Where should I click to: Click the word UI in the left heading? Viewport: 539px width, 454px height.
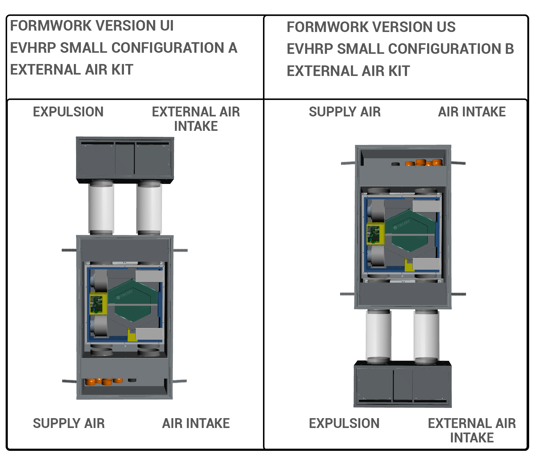click(167, 26)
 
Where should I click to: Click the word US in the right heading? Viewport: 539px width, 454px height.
click(446, 27)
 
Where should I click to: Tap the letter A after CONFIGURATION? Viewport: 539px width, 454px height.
click(232, 48)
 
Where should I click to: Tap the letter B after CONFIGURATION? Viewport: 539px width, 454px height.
click(509, 49)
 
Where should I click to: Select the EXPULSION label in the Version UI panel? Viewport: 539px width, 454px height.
click(68, 112)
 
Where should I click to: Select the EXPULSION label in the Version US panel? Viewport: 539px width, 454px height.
click(344, 423)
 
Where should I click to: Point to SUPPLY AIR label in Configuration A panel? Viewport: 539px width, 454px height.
click(69, 423)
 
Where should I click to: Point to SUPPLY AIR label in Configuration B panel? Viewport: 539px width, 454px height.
click(345, 112)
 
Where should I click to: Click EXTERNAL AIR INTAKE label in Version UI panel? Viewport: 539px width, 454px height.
click(196, 119)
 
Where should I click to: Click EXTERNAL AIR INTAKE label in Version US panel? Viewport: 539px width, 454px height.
click(472, 430)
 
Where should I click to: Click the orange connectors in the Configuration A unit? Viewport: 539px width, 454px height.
click(104, 381)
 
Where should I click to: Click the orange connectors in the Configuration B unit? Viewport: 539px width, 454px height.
click(424, 163)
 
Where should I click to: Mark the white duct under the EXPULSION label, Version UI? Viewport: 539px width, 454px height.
click(101, 207)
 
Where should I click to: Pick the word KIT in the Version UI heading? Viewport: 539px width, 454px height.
click(122, 70)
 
